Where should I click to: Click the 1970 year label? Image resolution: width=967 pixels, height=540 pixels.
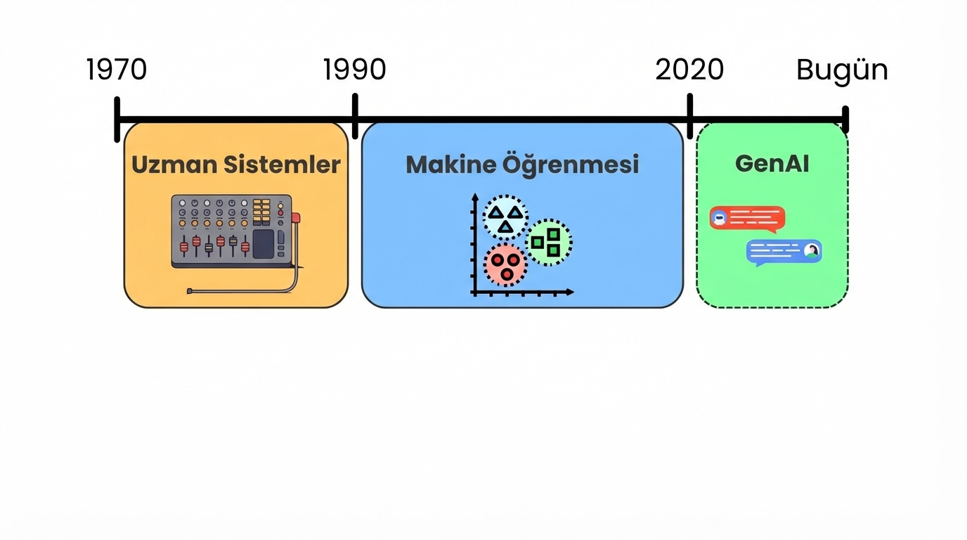tap(117, 70)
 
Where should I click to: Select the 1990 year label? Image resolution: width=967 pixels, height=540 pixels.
tap(355, 70)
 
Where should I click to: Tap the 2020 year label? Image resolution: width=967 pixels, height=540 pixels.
tap(689, 70)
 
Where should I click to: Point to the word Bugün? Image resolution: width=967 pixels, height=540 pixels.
tap(842, 70)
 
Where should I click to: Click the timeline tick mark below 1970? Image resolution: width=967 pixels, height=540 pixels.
tap(117, 120)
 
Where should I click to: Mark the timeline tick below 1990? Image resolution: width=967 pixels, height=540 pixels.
tap(355, 117)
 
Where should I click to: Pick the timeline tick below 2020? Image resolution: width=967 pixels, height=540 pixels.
tap(690, 117)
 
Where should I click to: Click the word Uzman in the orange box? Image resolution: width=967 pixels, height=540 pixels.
tap(174, 165)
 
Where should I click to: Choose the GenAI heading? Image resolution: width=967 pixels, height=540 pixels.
tap(772, 163)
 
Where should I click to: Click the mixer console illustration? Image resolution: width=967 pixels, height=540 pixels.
tap(232, 232)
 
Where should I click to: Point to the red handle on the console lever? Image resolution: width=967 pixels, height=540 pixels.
tap(296, 218)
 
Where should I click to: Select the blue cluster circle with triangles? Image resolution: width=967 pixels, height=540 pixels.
tap(505, 218)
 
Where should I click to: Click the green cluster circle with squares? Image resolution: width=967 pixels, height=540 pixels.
tap(548, 242)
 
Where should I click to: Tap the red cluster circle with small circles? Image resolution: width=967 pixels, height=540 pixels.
tap(505, 264)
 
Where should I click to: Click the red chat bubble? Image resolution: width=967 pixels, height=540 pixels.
tap(747, 219)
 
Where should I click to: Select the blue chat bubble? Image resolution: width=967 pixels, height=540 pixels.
tap(784, 252)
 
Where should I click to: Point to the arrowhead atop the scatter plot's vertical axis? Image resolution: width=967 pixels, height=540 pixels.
tap(475, 197)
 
